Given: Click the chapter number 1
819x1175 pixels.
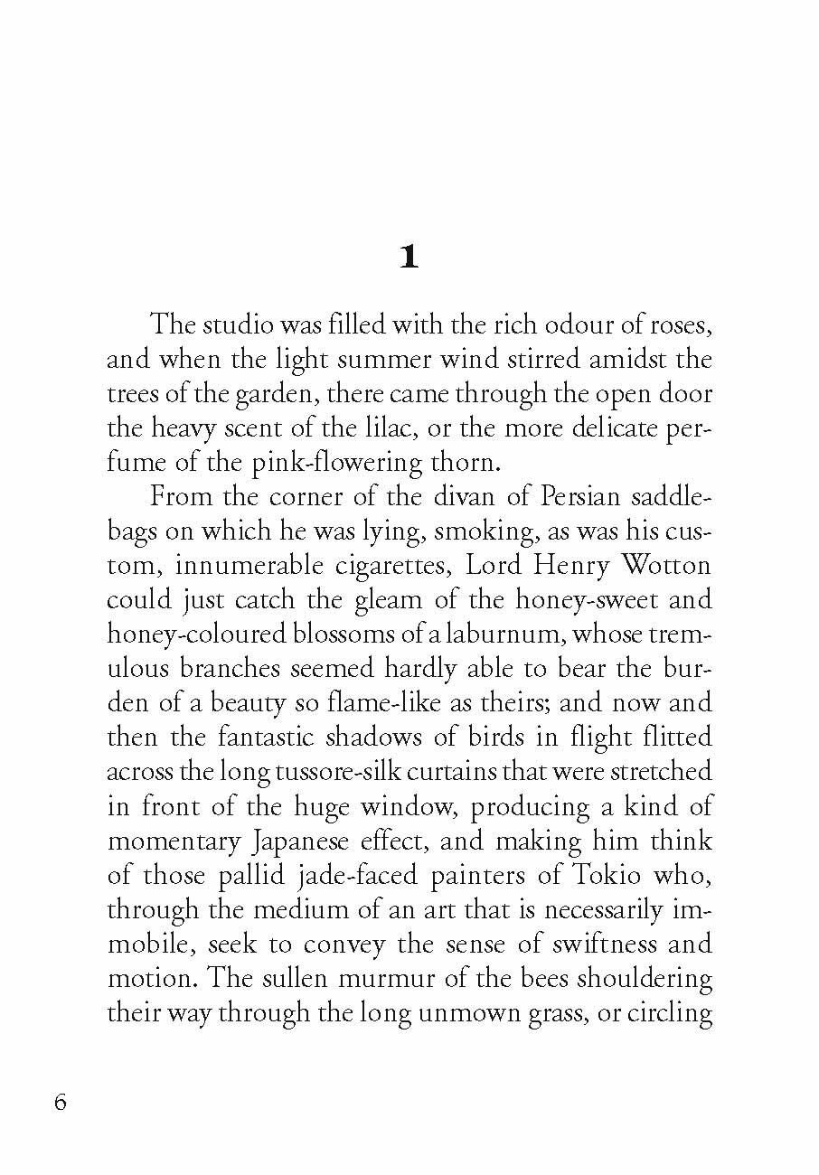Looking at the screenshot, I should (x=409, y=258).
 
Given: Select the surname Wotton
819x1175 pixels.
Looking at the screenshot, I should (x=666, y=567).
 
